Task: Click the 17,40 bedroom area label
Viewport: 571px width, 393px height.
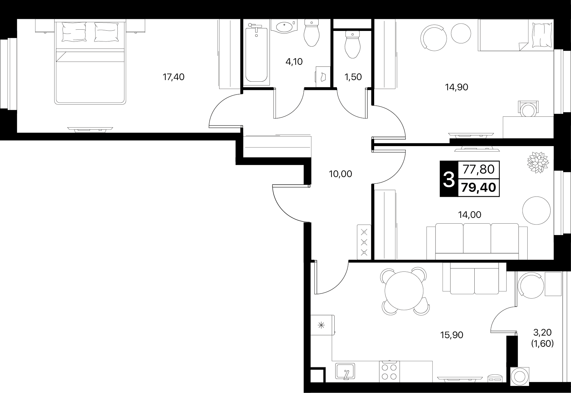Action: click(174, 77)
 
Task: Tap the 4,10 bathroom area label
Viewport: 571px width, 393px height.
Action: click(294, 62)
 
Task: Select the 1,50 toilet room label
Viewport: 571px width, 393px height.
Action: click(353, 77)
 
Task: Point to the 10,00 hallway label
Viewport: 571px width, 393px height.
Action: click(340, 174)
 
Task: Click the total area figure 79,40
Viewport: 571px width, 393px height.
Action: click(478, 188)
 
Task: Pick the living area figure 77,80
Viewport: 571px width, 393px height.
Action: click(478, 169)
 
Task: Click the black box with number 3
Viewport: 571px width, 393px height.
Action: click(449, 179)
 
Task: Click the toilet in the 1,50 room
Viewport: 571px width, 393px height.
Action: click(352, 44)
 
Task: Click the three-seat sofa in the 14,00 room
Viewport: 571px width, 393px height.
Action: click(477, 241)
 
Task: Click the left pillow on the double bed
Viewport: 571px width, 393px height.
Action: click(74, 32)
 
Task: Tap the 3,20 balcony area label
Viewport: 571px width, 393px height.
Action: click(543, 332)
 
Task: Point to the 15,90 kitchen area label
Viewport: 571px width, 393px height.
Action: click(452, 335)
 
